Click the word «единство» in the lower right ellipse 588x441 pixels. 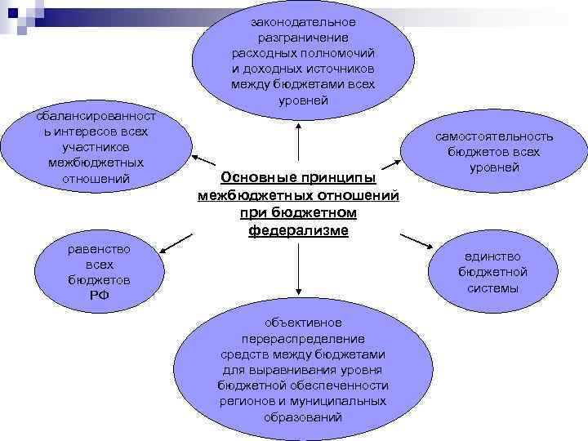coord(492,256)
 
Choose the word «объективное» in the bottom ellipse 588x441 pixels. coord(303,323)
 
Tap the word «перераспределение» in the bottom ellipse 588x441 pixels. coord(303,338)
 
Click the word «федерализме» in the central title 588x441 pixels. coord(299,230)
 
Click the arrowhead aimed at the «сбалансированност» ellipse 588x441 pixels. coord(195,154)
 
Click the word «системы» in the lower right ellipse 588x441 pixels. coord(492,287)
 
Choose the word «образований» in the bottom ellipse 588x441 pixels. coord(303,416)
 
